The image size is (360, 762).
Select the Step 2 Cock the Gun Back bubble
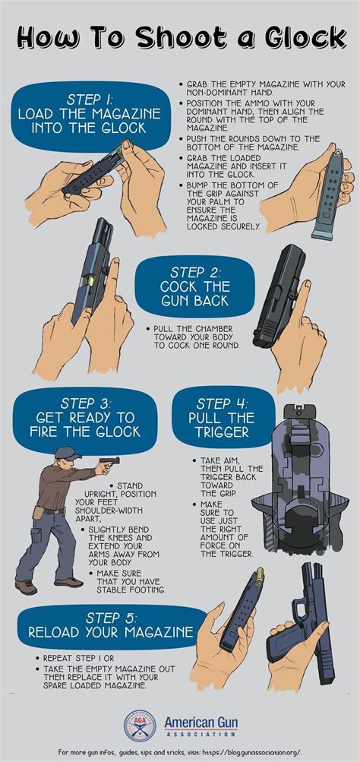194,286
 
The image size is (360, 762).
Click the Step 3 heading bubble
85,417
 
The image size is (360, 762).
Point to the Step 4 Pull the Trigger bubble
222,417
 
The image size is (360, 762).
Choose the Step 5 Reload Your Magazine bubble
110,625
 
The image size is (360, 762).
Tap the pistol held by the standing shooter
109,461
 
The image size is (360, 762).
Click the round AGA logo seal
140,726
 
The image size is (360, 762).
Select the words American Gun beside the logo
201,722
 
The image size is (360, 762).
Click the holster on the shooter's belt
39,513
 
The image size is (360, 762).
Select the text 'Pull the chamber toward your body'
194,333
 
